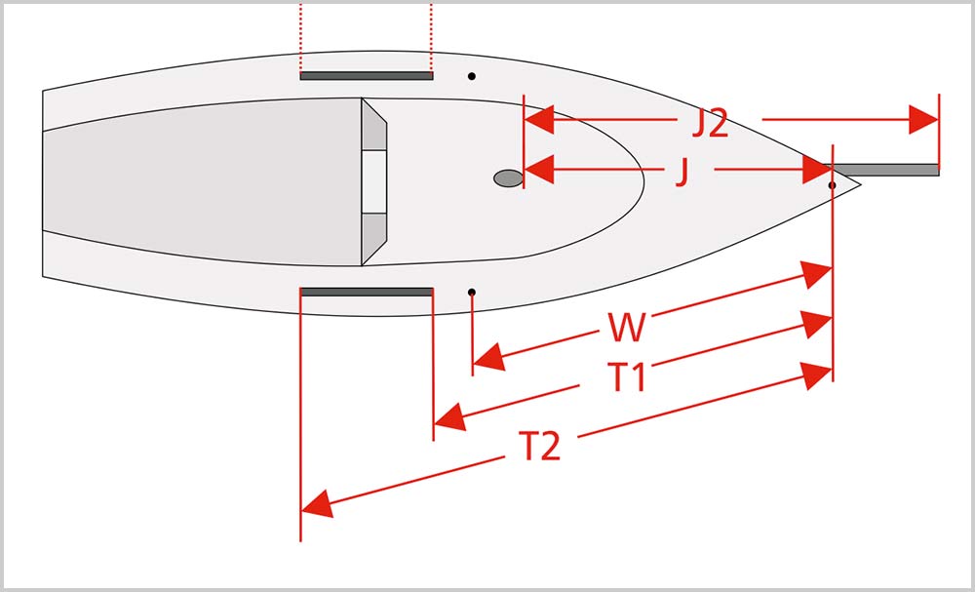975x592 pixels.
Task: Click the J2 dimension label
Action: tap(710, 125)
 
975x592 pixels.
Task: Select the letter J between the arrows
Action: tap(682, 174)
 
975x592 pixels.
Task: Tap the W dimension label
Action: tap(626, 329)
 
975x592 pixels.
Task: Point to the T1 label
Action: tap(627, 377)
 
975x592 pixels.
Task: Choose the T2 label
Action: tap(540, 447)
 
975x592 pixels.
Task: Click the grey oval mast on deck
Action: tap(509, 178)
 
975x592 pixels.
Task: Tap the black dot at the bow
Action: tap(832, 185)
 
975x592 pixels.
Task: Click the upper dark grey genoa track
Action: tap(367, 76)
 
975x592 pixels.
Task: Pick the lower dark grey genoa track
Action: tap(367, 292)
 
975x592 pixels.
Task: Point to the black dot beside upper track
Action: tap(472, 76)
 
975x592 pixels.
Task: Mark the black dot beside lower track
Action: tap(472, 293)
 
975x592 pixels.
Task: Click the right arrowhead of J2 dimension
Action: tap(923, 119)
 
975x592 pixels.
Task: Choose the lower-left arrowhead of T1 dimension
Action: tap(449, 416)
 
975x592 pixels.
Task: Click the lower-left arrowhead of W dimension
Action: tap(488, 357)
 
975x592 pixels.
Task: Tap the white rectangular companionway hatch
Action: tap(374, 182)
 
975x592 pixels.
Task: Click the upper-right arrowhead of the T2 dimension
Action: tap(816, 375)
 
